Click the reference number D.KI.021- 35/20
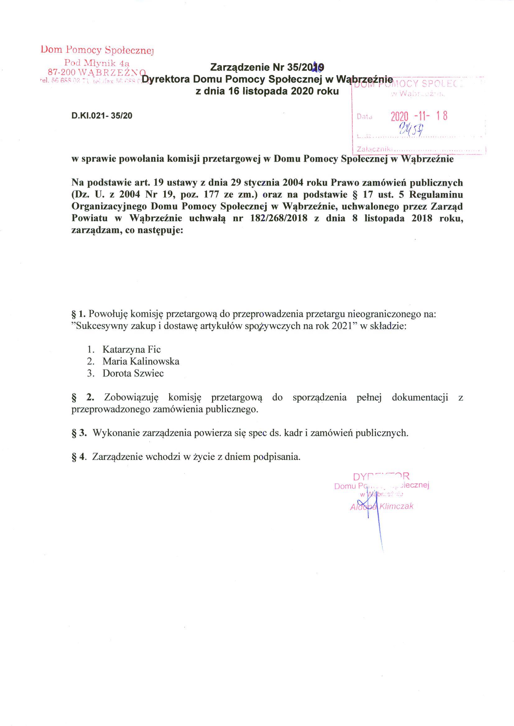102,116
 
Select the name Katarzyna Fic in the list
131,349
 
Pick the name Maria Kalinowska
141,361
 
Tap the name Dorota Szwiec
133,373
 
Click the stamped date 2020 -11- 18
419,116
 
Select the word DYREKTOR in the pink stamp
382,476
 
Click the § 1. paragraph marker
79,314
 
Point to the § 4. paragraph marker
79,457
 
